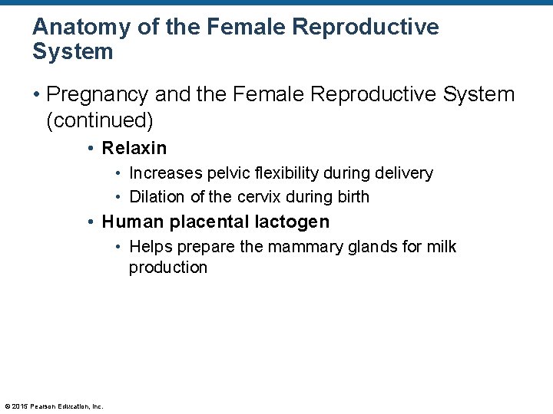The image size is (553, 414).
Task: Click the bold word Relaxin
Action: tap(134, 148)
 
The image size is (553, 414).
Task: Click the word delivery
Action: tap(406, 173)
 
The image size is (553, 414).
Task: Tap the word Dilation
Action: tap(157, 197)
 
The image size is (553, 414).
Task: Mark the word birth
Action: tap(353, 197)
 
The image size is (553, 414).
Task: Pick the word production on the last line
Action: tap(168, 268)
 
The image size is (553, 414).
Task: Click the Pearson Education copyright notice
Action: tap(54, 406)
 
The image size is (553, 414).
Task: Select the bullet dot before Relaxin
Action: tap(91, 148)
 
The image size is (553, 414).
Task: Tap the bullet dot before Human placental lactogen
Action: tap(91, 222)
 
